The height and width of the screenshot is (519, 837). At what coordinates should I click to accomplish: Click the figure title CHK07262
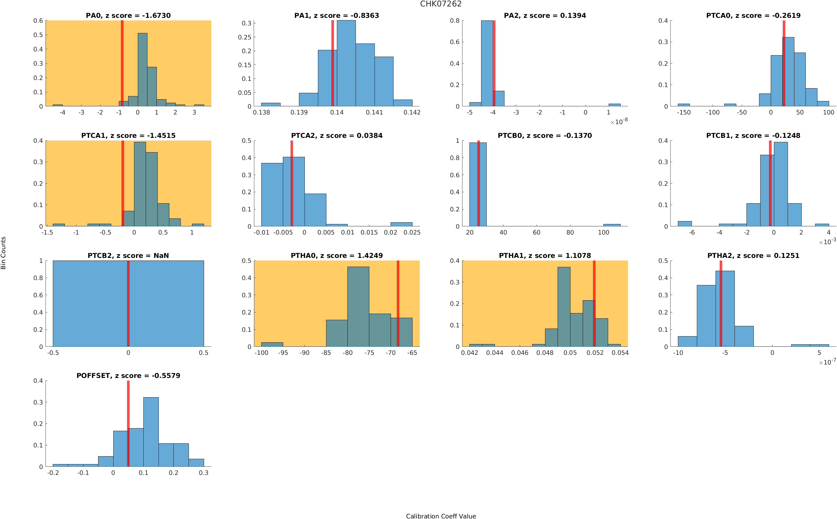click(x=441, y=4)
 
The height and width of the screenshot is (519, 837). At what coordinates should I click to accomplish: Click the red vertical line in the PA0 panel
click(x=122, y=63)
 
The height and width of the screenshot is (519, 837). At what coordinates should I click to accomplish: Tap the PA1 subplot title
click(x=336, y=15)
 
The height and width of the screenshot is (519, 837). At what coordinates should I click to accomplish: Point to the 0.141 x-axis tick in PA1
click(x=374, y=112)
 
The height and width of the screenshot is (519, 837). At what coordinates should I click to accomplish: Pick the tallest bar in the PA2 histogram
click(x=487, y=63)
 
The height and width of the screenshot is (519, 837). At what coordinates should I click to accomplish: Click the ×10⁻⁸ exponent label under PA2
click(x=619, y=121)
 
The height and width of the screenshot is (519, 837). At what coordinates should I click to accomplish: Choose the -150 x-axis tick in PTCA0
click(x=683, y=112)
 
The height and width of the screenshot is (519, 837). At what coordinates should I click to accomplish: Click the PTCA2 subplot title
click(x=336, y=136)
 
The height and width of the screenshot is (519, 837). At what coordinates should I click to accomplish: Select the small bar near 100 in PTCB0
click(x=612, y=225)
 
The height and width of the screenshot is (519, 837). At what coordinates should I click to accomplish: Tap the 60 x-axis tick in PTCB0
click(x=537, y=232)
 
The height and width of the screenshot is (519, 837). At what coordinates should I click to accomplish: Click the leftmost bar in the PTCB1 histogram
click(x=684, y=224)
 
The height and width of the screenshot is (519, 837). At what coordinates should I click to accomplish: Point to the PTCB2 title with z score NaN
click(x=128, y=256)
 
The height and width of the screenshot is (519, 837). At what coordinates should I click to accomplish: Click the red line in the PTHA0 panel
click(x=398, y=303)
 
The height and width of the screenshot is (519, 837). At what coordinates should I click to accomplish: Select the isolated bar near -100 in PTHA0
click(x=272, y=344)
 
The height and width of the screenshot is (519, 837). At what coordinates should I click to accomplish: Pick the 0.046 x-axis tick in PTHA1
click(x=520, y=353)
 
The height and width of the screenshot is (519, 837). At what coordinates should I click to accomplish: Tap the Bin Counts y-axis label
click(x=4, y=253)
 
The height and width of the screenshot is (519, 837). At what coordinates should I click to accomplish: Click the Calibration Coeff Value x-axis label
click(x=441, y=516)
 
